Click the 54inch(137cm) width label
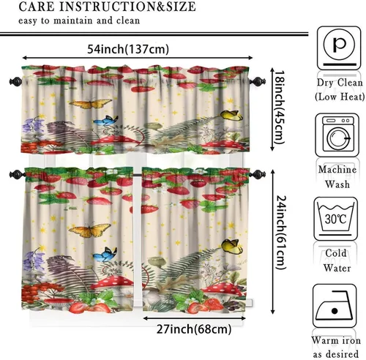(x=128, y=49)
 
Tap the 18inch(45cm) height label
(x=279, y=108)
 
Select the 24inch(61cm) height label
(x=280, y=233)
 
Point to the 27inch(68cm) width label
(x=194, y=329)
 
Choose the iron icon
(x=335, y=306)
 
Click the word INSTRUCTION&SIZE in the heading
(x=127, y=7)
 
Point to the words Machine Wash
(x=337, y=177)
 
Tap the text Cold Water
(x=336, y=260)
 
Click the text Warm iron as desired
(x=336, y=347)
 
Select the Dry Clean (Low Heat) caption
(x=340, y=89)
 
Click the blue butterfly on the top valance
(x=105, y=121)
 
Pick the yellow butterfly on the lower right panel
(x=232, y=246)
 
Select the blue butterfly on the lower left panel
(x=105, y=254)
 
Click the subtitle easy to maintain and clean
(x=79, y=20)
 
